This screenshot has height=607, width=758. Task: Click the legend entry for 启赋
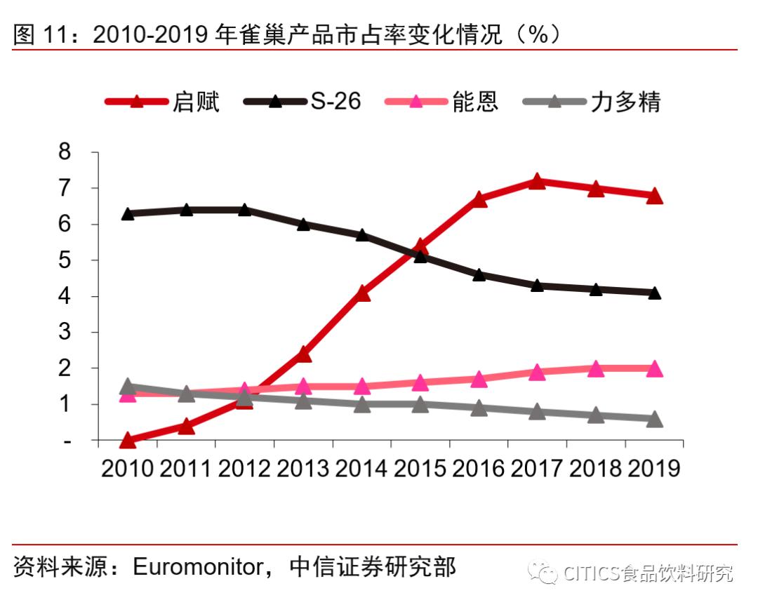(163, 102)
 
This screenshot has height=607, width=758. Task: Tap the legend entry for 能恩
(442, 102)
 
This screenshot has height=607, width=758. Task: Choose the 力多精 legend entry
(593, 102)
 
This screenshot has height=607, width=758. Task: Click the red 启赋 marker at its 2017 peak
(537, 182)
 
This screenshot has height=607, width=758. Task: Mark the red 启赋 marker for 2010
(128, 441)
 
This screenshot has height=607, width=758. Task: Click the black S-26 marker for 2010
(128, 214)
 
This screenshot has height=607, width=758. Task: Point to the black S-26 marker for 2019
(654, 293)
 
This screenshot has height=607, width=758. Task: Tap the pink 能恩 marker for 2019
(654, 369)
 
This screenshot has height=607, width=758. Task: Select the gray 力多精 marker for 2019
(654, 420)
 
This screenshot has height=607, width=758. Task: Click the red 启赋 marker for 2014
(362, 293)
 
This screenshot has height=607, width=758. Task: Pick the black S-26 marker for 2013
(303, 225)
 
